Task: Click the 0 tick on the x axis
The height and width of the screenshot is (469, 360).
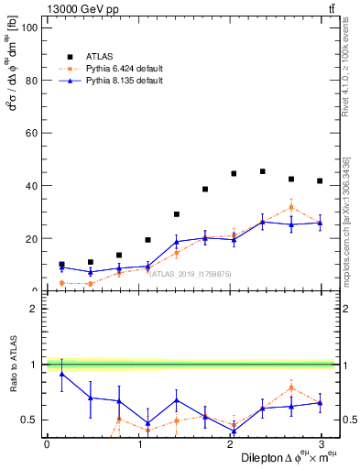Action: pyautogui.click(x=47, y=444)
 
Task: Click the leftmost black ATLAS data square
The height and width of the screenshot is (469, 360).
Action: pyautogui.click(x=61, y=264)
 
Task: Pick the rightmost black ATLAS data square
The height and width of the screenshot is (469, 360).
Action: pyautogui.click(x=319, y=181)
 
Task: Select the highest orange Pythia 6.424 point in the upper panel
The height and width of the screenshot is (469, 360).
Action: pyautogui.click(x=290, y=207)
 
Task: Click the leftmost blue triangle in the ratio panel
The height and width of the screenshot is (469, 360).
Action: pyautogui.click(x=61, y=374)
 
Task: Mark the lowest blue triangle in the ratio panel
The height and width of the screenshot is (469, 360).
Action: pyautogui.click(x=234, y=431)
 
